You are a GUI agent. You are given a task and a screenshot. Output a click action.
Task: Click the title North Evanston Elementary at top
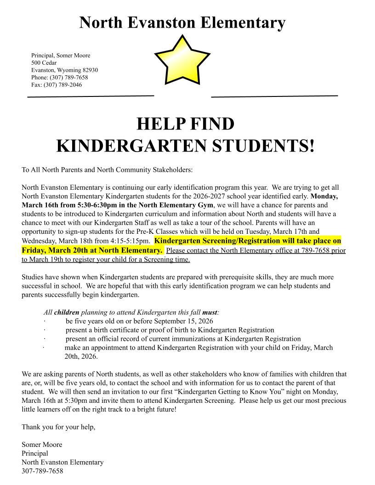182,22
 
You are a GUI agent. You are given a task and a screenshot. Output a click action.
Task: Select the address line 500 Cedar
44,62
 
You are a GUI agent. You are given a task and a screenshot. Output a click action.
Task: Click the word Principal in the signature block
34,453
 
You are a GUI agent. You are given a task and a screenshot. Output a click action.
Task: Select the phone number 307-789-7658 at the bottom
42,471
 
